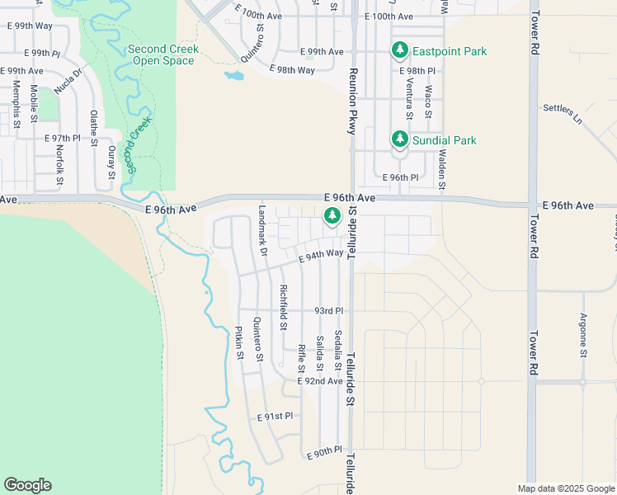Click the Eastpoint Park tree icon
400,50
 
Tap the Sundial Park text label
445,141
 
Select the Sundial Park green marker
400,139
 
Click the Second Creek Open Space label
163,55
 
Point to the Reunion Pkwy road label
352,103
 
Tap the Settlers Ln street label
563,113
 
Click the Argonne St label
583,335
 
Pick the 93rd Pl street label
328,311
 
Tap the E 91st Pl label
275,417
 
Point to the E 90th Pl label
323,452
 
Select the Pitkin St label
239,342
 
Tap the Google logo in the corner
27,485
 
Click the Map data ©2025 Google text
565,488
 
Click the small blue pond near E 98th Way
233,77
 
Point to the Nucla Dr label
70,80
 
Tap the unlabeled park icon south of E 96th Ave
332,216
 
